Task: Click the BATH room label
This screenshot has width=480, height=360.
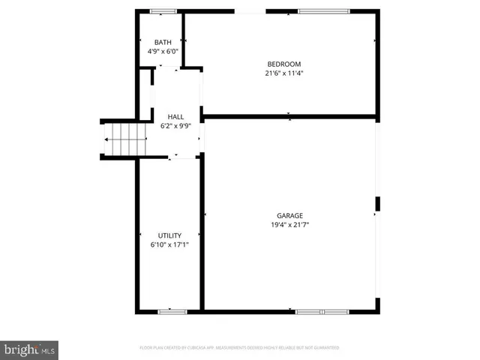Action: (x=163, y=42)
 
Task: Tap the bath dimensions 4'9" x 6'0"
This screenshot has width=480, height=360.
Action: (x=163, y=52)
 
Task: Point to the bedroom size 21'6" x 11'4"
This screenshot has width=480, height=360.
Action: (x=283, y=73)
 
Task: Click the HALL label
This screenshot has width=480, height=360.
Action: (x=175, y=117)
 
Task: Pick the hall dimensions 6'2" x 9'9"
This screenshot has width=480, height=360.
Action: (x=175, y=127)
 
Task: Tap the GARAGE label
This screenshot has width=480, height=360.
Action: (x=289, y=215)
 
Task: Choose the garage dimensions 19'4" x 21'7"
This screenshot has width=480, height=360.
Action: (x=289, y=225)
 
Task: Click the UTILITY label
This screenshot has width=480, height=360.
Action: (x=169, y=235)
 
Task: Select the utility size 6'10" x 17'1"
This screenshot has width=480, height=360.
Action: (x=169, y=245)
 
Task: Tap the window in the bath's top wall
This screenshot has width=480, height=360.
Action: (x=163, y=11)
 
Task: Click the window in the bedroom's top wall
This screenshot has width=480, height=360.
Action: (x=323, y=11)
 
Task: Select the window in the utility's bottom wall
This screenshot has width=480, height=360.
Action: (x=172, y=310)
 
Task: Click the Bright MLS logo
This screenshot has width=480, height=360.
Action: (x=30, y=349)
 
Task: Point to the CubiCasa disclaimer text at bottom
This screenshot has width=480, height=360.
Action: (x=240, y=348)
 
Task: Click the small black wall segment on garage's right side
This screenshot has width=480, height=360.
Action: (x=378, y=204)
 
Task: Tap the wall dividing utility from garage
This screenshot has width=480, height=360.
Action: (x=201, y=232)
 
